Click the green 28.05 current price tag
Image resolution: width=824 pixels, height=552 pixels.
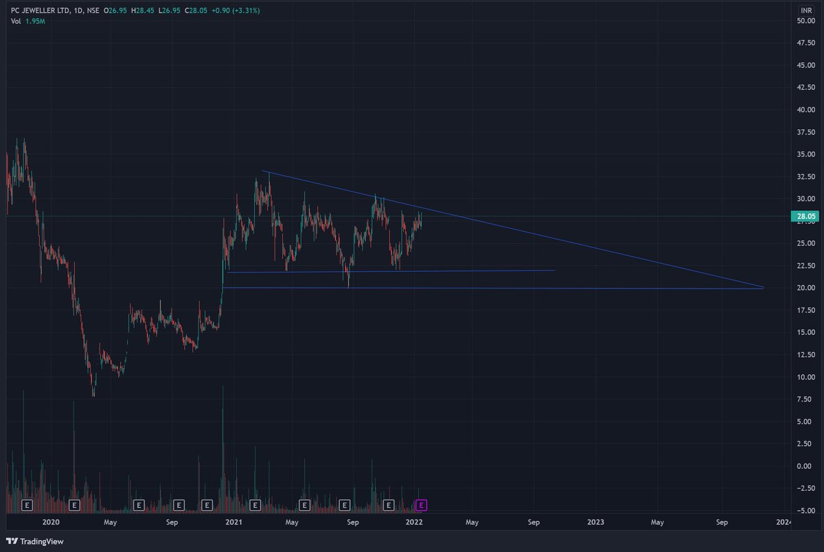[804, 216]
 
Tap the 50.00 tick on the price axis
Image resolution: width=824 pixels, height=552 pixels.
[805, 21]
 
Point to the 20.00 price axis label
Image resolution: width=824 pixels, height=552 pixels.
[805, 288]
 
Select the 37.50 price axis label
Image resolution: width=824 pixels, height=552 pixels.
[805, 132]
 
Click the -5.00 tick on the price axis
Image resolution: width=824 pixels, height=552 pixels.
[805, 511]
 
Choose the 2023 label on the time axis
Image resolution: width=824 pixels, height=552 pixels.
[596, 522]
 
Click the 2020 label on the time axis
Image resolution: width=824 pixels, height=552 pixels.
[50, 522]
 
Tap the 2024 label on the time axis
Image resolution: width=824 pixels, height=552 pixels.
[783, 522]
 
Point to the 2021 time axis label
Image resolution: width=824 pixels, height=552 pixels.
[233, 522]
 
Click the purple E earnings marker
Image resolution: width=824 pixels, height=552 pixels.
[422, 505]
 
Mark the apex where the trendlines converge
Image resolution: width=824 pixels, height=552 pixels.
[764, 288]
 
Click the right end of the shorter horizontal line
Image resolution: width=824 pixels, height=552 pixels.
[553, 271]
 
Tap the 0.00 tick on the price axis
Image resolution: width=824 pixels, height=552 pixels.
[805, 466]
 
